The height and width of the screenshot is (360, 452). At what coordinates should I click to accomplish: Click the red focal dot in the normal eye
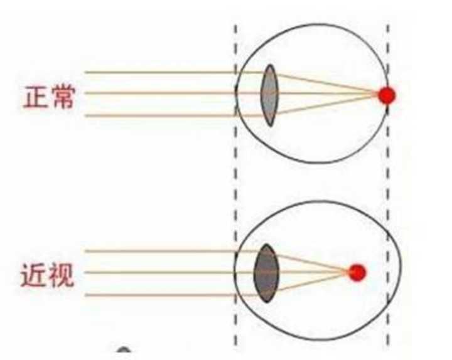pos(387,95)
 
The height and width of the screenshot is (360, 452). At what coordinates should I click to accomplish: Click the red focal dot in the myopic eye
pos(357,273)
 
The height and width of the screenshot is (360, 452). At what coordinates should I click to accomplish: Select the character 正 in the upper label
pos(36,97)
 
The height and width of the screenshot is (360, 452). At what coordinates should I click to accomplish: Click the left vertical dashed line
pos(236,188)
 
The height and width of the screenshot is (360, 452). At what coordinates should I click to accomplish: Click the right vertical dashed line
pos(387,188)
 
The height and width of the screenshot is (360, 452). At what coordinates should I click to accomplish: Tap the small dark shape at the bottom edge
pos(124,352)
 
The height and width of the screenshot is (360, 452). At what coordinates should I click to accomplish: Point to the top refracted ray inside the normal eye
pos(326,84)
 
